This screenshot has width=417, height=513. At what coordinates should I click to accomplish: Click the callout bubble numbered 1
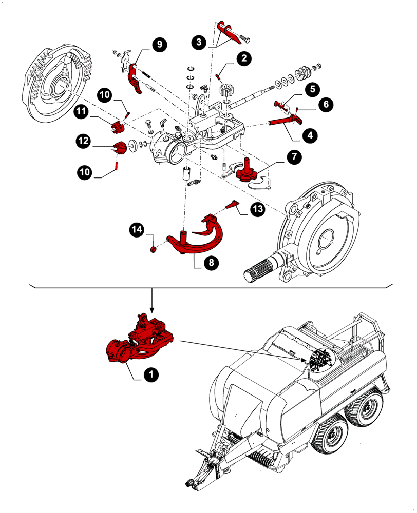(x=150, y=376)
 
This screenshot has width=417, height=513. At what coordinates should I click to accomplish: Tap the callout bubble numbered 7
(x=293, y=157)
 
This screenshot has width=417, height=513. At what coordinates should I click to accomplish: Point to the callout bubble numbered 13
(x=256, y=209)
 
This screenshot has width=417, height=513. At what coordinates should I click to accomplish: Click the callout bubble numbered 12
(x=84, y=140)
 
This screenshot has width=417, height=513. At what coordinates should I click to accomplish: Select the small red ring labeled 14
(x=153, y=250)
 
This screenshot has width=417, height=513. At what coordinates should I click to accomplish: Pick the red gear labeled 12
(x=120, y=148)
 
